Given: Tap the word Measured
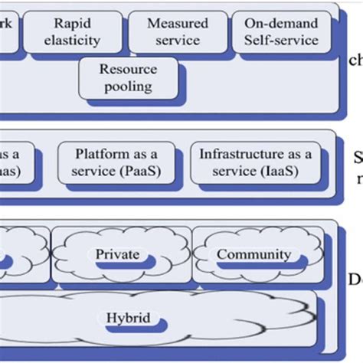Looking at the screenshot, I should tap(173, 23).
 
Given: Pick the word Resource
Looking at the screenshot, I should tap(128, 69).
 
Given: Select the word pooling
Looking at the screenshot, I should tap(128, 86).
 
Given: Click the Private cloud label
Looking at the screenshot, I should tap(117, 253).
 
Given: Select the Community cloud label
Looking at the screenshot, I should tap(253, 253).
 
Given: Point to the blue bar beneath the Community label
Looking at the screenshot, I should tap(257, 266).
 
